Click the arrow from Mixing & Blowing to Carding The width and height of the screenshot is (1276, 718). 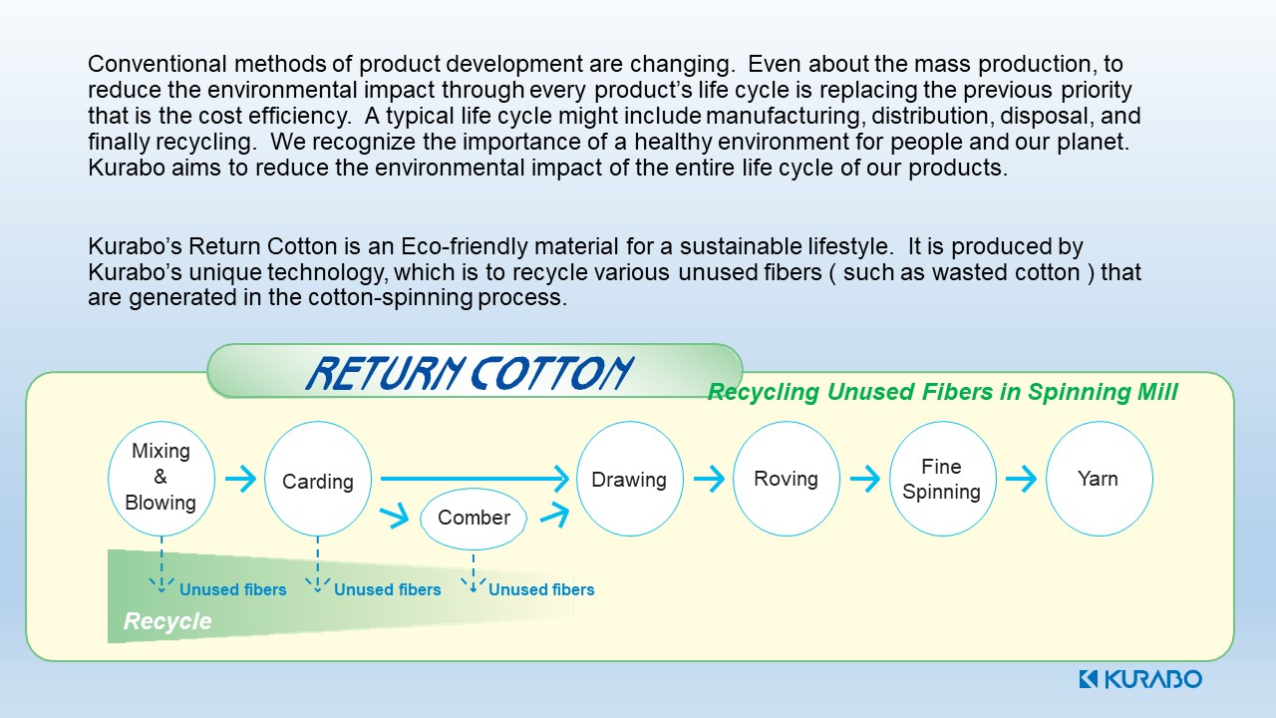click(x=241, y=479)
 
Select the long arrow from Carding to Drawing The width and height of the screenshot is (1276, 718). click(x=475, y=479)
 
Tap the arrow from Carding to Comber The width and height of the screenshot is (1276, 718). click(x=395, y=514)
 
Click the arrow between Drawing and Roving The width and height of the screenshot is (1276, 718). click(x=709, y=479)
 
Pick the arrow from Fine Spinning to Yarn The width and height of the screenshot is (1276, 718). click(x=1022, y=479)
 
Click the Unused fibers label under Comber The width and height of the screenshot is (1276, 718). click(x=541, y=589)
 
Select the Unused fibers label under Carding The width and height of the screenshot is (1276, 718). click(x=388, y=589)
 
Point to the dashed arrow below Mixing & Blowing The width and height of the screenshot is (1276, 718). click(x=161, y=565)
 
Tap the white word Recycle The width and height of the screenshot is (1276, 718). click(x=167, y=621)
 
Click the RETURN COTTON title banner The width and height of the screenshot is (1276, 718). click(x=475, y=371)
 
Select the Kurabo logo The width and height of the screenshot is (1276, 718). click(x=1139, y=679)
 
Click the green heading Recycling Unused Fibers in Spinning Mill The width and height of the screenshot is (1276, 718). click(x=942, y=392)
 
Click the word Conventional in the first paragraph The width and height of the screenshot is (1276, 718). click(x=158, y=64)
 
